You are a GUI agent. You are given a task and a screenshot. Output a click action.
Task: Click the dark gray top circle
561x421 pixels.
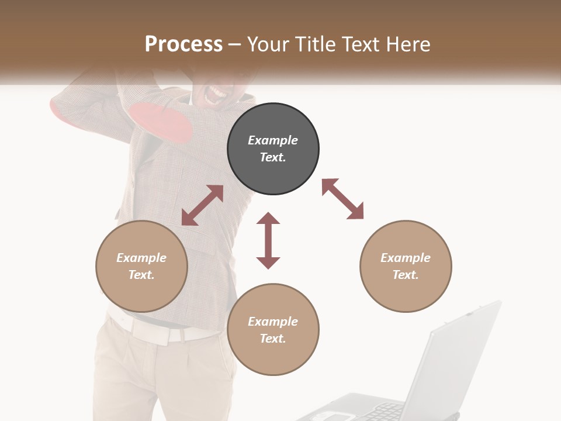[273, 149]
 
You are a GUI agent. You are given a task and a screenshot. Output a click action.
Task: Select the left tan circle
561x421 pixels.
[141, 266]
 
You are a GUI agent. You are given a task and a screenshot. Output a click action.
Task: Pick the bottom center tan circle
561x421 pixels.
[273, 329]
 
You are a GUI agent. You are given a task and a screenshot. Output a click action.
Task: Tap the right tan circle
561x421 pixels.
[406, 266]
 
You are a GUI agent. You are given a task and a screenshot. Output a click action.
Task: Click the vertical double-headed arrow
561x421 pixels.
[268, 240]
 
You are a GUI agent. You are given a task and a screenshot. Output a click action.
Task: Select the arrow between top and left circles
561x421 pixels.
[202, 205]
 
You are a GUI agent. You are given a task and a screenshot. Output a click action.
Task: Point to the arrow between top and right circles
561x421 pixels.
[342, 199]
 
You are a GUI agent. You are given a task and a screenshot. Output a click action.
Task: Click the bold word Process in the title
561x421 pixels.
[183, 44]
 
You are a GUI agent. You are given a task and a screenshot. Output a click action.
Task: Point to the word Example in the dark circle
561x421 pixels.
[273, 140]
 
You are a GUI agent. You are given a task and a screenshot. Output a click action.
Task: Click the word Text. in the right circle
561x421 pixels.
[406, 275]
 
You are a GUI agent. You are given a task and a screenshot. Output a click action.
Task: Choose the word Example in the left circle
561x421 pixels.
[141, 258]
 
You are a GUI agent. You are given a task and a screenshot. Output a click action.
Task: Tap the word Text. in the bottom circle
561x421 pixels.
[273, 339]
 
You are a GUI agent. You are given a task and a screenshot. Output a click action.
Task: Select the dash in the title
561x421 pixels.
[235, 44]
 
